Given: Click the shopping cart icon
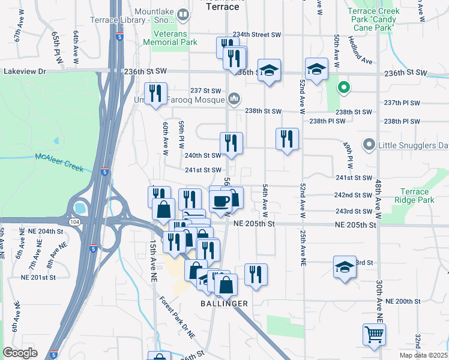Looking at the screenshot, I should tap(374, 334).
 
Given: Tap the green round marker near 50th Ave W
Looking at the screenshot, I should tap(343, 88).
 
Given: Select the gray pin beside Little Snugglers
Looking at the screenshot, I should tap(369, 145).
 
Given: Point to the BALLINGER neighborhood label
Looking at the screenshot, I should tap(224, 304).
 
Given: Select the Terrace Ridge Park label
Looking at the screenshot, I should tap(414, 196).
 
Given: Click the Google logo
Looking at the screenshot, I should tap(20, 353).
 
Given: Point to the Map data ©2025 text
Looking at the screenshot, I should tap(423, 355).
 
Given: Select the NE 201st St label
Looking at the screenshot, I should tap(38, 277).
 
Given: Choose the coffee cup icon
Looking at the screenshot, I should tap(221, 200).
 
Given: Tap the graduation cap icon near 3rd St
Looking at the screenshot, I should tap(345, 267).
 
